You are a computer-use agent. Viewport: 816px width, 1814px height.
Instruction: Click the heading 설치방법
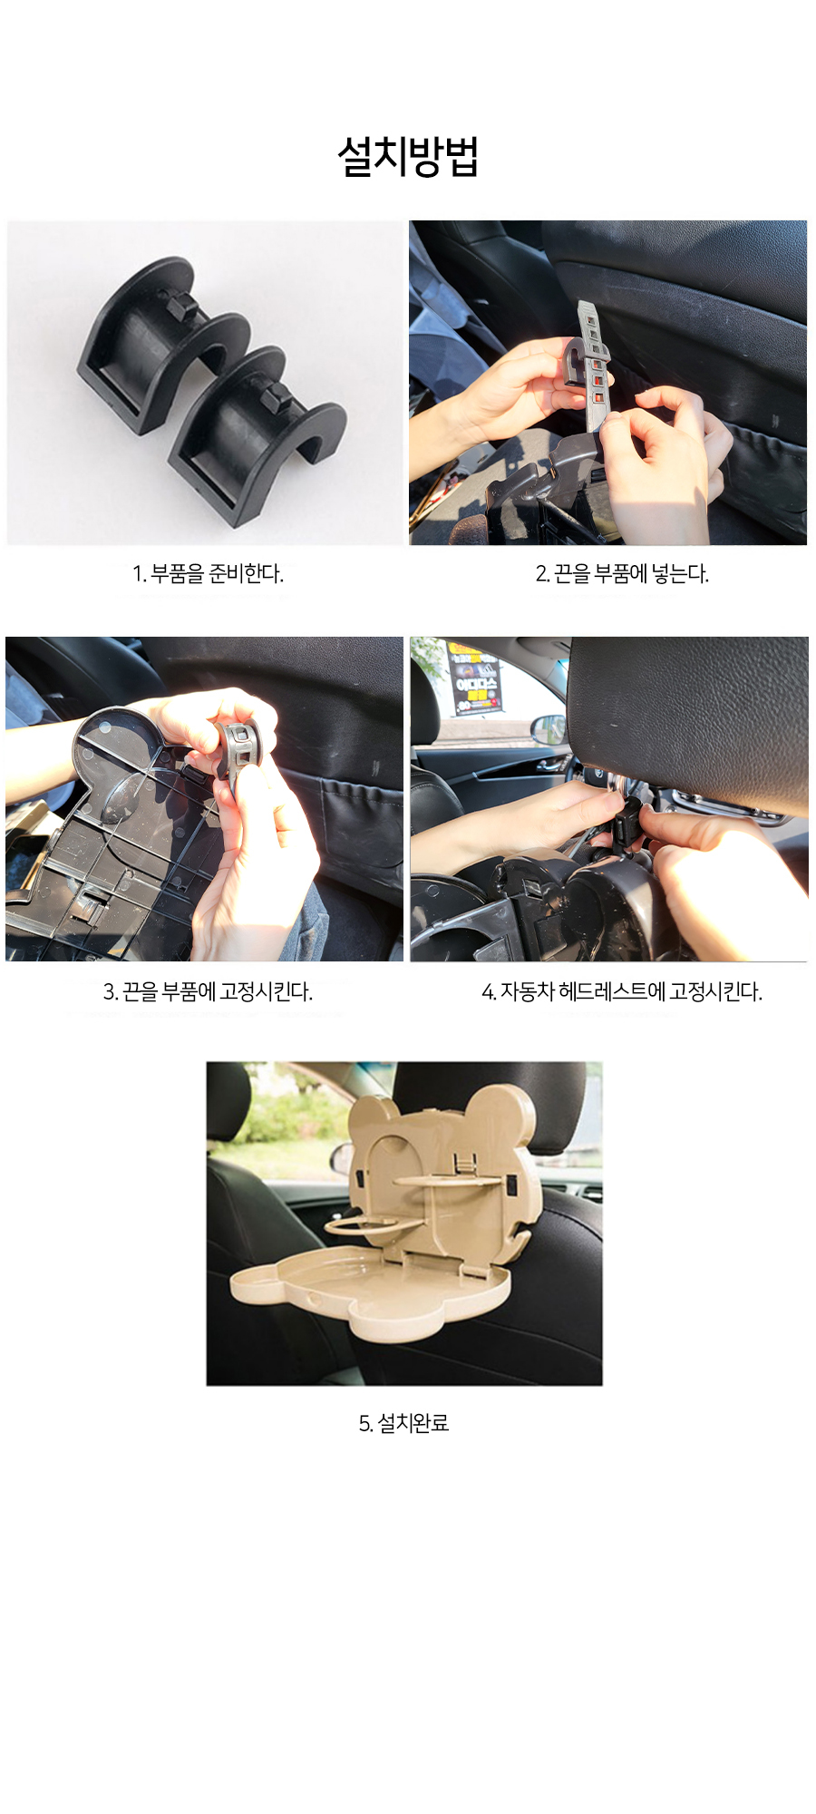click(x=408, y=156)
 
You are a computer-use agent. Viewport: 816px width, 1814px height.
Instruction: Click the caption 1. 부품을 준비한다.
click(x=209, y=573)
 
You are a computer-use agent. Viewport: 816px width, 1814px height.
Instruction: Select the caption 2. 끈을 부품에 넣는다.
click(x=622, y=573)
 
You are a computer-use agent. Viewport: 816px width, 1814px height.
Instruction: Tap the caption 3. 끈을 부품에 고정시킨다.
click(x=208, y=991)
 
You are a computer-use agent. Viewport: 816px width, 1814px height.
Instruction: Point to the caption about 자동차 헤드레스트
click(x=622, y=991)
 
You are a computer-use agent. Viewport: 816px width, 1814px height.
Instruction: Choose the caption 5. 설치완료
click(x=404, y=1423)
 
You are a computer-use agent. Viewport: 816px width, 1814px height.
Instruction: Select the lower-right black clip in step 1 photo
click(x=258, y=431)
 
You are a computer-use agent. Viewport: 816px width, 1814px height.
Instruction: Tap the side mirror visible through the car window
click(x=547, y=727)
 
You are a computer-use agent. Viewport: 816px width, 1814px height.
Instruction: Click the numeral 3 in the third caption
click(x=108, y=991)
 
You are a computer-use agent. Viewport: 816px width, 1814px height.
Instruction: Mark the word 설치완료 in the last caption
click(x=413, y=1423)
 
